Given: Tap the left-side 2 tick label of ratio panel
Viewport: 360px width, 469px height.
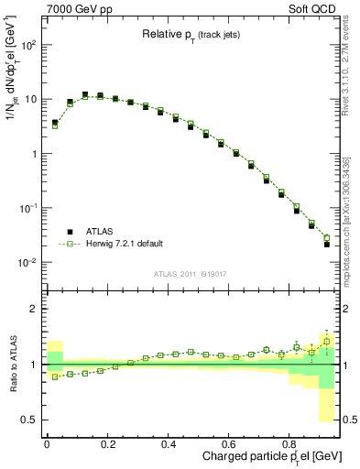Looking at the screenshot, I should pyautogui.click(x=34, y=310).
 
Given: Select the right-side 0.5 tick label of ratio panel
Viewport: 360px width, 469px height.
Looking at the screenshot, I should pyautogui.click(x=347, y=420).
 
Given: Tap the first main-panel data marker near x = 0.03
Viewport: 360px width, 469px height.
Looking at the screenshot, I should pyautogui.click(x=55, y=123).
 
